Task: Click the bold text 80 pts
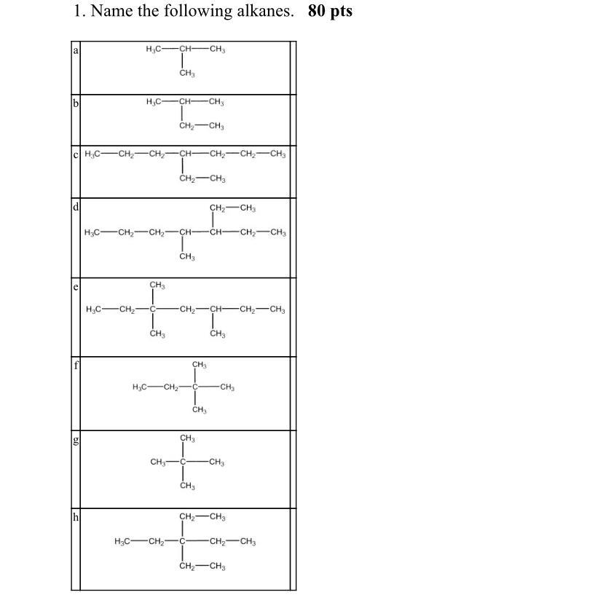click(x=330, y=12)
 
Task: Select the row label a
click(x=75, y=50)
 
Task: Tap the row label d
click(x=75, y=208)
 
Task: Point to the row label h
click(x=75, y=518)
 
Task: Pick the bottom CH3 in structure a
click(x=186, y=74)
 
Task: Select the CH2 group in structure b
click(x=186, y=126)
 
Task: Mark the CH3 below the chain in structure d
click(x=186, y=256)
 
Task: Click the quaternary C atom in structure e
click(x=153, y=310)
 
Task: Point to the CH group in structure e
click(x=216, y=310)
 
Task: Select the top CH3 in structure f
click(x=200, y=364)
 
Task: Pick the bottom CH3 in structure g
click(x=186, y=486)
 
